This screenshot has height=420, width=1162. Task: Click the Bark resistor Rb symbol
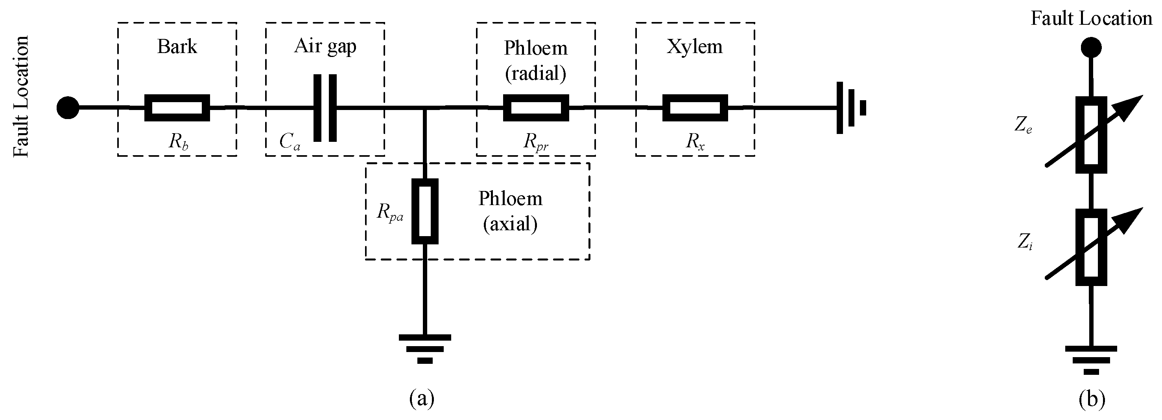(177, 108)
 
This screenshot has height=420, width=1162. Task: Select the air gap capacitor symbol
(325, 108)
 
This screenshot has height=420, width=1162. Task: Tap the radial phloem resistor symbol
(536, 108)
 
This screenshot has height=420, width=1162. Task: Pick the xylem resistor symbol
(695, 108)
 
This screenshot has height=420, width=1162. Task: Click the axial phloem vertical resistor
(424, 211)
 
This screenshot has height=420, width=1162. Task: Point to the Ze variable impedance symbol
(1091, 134)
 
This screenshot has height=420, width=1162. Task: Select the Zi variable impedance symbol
(1091, 247)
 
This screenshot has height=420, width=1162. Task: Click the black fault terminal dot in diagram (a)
(68, 108)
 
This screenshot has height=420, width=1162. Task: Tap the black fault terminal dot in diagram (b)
(1091, 47)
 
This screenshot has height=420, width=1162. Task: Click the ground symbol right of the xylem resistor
(851, 108)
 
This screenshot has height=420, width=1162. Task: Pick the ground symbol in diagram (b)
(1091, 359)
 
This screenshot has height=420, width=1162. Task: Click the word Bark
(177, 46)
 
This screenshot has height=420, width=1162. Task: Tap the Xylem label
(695, 46)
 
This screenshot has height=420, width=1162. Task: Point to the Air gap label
(325, 46)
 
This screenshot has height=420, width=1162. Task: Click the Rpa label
(390, 212)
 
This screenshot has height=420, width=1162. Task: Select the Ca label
(289, 142)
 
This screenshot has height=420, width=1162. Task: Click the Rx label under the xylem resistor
(695, 142)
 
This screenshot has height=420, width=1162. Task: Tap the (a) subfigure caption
(422, 398)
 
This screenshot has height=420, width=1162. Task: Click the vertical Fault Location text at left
(21, 97)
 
